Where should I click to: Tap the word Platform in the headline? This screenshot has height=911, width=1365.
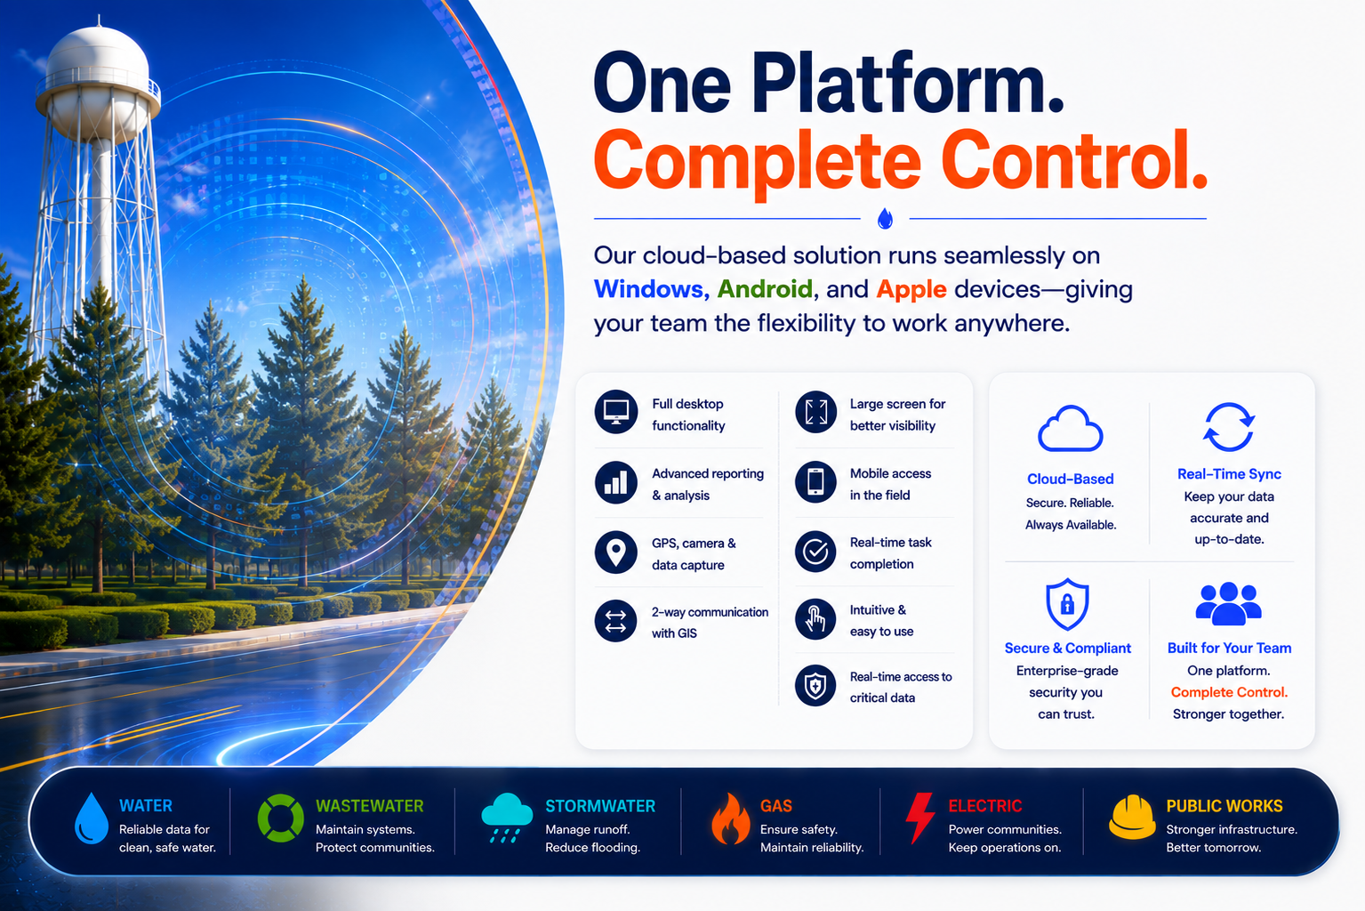[x=908, y=85]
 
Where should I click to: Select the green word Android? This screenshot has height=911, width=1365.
[x=765, y=289]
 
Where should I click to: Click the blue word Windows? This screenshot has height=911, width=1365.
[x=651, y=289]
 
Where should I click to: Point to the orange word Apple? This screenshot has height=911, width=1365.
[x=911, y=290]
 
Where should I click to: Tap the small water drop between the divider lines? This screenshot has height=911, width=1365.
[x=885, y=218]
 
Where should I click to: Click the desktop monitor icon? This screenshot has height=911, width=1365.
[x=616, y=412]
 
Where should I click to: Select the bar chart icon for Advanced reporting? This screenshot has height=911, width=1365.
[x=616, y=482]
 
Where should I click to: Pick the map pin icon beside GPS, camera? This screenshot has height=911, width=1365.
[x=616, y=552]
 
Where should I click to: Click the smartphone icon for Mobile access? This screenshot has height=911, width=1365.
[x=815, y=481]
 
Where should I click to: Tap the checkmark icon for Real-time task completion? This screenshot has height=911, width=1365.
[x=815, y=552]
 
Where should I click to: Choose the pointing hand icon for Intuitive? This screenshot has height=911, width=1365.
[x=815, y=619]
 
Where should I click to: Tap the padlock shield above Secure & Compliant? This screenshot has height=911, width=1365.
[x=1067, y=604]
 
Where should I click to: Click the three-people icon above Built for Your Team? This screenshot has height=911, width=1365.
[x=1229, y=605]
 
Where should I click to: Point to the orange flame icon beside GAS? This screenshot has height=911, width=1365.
[x=730, y=820]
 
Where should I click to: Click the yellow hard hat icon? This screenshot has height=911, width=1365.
[x=1132, y=817]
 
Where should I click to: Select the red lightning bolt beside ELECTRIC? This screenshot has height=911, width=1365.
[x=920, y=817]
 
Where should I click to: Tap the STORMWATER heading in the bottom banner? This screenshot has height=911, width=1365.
[x=600, y=806]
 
